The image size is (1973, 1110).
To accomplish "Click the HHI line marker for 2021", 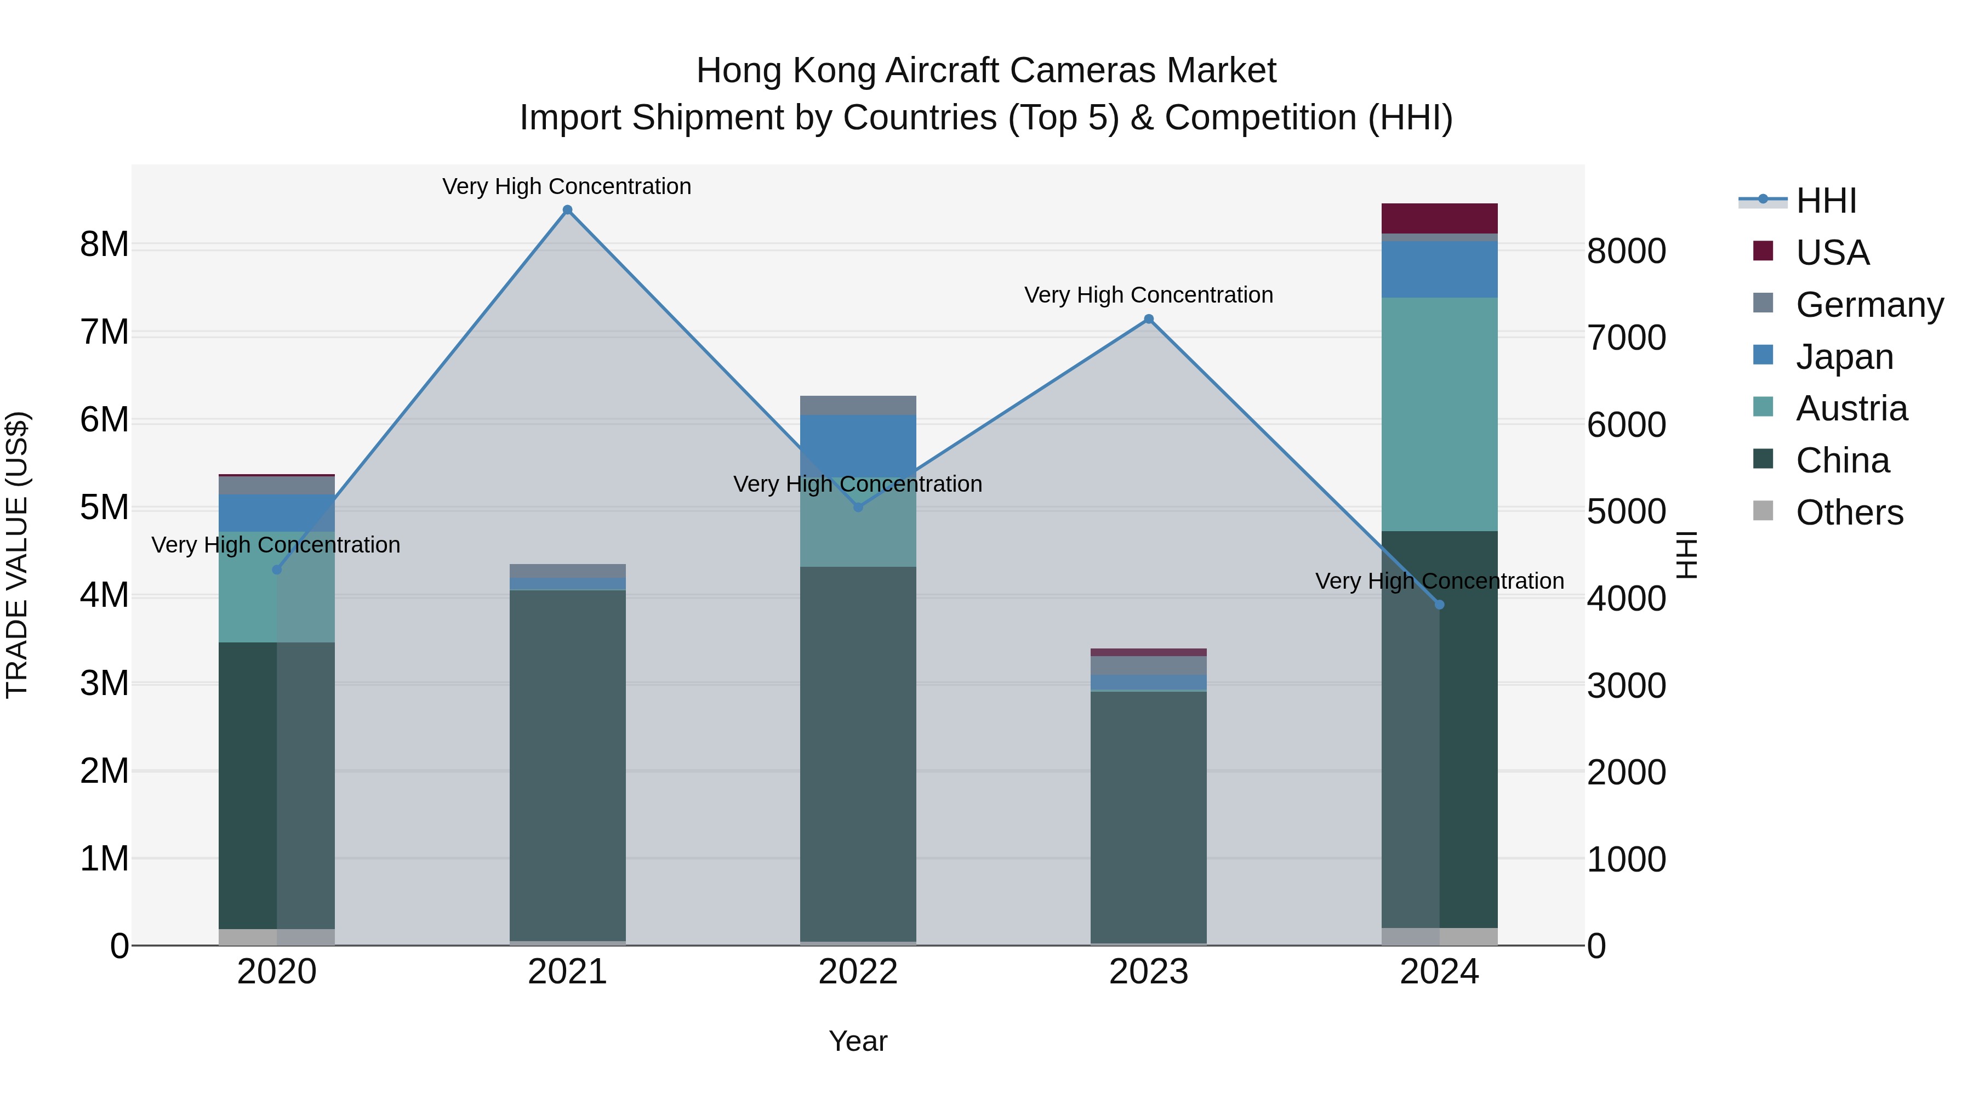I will pos(568,210).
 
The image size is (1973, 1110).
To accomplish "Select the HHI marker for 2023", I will pos(1148,320).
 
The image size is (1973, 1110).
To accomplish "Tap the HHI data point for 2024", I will pos(1439,605).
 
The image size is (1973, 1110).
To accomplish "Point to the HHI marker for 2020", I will pos(277,569).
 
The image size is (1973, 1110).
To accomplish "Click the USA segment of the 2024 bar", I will pos(1439,218).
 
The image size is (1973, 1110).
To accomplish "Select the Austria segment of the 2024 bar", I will pos(1439,414).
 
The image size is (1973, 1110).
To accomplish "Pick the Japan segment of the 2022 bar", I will pos(858,445).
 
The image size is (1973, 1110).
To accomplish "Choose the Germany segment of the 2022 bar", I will pos(858,405).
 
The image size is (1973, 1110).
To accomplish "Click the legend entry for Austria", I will pos(1851,408).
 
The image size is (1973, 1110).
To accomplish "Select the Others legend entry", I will pos(1849,513).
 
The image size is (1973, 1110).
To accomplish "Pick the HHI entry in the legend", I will pos(1826,201).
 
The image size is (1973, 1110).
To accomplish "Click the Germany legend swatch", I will pos(1763,303).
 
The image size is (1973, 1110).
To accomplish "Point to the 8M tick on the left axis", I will pos(104,244).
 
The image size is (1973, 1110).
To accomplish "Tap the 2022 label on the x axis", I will pos(858,972).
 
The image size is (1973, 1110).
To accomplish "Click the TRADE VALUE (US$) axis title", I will pos(17,555).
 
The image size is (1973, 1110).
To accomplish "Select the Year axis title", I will pos(858,1041).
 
